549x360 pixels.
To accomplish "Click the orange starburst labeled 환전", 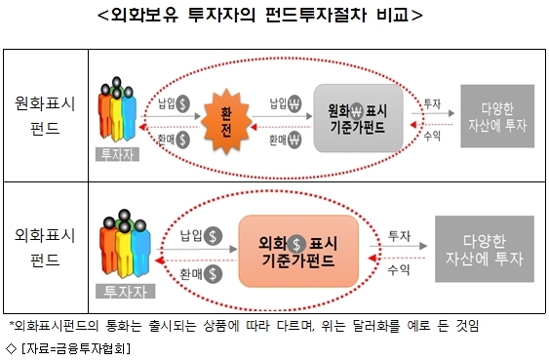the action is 226,121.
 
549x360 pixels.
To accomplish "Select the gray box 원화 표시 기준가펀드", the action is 358,118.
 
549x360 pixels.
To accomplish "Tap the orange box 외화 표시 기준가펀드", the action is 298,251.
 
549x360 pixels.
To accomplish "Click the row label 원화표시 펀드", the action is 45,115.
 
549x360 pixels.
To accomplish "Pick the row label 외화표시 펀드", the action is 45,247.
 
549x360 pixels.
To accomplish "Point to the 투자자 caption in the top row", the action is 117,154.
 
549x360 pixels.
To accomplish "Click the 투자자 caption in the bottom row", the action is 126,292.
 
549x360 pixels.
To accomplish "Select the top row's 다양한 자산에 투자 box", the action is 497,116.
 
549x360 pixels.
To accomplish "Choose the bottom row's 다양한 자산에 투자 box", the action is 485,249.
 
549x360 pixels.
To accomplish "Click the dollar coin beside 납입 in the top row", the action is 182,103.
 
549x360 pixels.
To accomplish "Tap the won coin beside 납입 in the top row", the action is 294,103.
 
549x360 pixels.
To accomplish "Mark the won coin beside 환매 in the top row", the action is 294,140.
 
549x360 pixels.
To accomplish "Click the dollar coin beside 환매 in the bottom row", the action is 213,274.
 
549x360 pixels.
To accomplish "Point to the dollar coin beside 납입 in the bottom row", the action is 213,236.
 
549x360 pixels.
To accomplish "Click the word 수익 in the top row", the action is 432,136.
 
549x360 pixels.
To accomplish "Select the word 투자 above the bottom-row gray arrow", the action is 399,236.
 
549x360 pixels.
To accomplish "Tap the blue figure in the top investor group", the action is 129,113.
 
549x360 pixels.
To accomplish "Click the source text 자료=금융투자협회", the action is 76,348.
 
